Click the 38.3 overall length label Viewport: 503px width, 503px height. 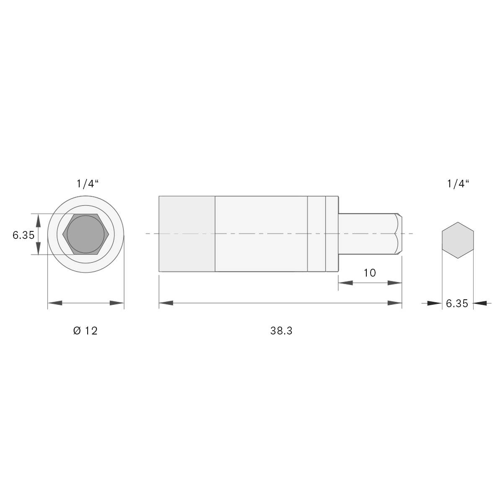[x=281, y=331]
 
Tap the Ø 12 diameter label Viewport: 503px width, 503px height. [x=85, y=331]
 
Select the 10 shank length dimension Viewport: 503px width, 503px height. [x=369, y=273]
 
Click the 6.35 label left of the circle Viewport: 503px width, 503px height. [x=23, y=235]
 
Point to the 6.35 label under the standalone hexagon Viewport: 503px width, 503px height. [x=457, y=303]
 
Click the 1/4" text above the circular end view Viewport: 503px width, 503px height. [x=87, y=184]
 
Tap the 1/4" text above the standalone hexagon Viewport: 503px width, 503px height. [x=458, y=184]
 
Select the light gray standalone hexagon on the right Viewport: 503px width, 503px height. [x=458, y=240]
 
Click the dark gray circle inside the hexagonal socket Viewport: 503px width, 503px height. [x=86, y=234]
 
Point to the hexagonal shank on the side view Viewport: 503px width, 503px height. [x=367, y=233]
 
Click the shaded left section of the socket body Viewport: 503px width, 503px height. [x=187, y=233]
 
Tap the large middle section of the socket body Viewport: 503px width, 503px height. [x=261, y=233]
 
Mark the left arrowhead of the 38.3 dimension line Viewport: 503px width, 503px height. [x=166, y=303]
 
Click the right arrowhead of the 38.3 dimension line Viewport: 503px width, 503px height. [x=395, y=303]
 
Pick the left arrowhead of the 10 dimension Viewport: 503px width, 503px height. [x=345, y=283]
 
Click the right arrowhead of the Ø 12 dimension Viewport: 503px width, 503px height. [x=117, y=303]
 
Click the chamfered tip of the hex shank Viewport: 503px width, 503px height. [x=399, y=233]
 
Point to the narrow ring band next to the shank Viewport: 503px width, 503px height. [x=332, y=233]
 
